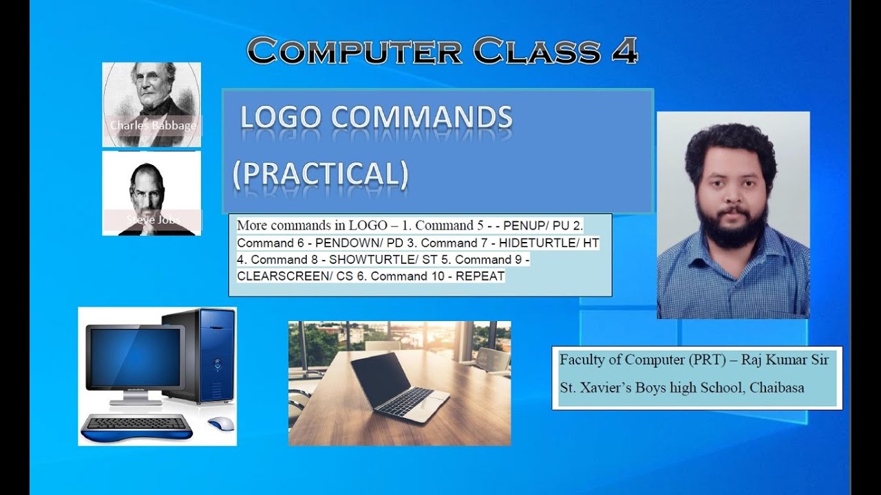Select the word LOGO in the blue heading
click(x=280, y=118)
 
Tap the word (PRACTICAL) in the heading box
click(x=320, y=175)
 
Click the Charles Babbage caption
click(x=152, y=126)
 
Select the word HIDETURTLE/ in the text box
click(x=540, y=243)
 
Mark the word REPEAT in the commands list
click(x=480, y=276)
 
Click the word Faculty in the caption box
click(x=581, y=360)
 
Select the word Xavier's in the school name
click(x=604, y=388)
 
